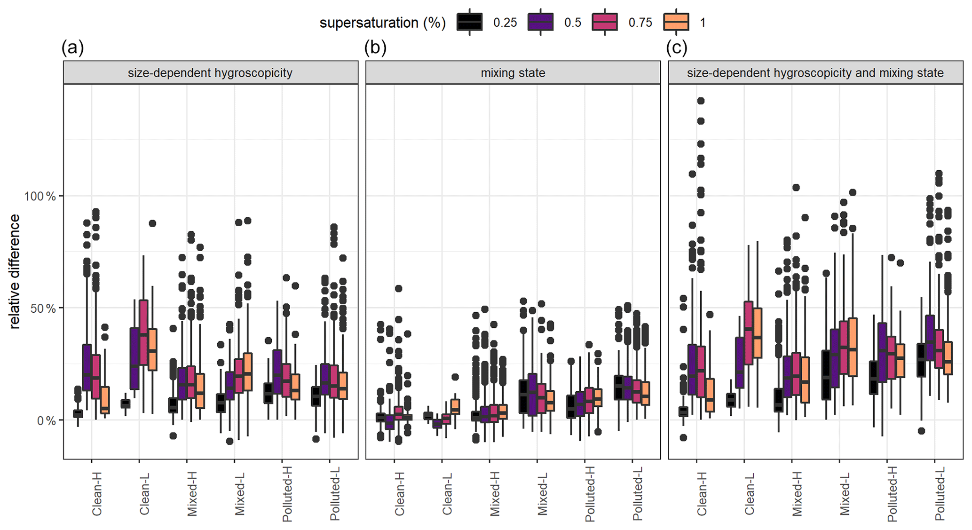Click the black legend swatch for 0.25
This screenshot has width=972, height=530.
pos(469,22)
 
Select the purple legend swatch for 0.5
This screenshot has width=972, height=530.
pos(540,22)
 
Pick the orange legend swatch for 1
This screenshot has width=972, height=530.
pos(676,22)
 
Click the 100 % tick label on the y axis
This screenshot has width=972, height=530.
pos(40,196)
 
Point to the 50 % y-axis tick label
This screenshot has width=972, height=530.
pos(43,309)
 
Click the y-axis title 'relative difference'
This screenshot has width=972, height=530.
pos(15,271)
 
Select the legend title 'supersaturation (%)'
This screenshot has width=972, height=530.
pos(382,23)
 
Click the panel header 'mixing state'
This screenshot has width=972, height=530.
pos(513,73)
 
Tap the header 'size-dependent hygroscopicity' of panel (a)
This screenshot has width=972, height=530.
pos(210,73)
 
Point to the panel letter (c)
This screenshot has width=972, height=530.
pos(677,47)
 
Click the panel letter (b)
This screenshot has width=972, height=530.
pos(375,47)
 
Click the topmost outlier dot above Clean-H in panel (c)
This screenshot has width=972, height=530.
pos(701,101)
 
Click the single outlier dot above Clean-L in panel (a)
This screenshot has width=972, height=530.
pos(152,223)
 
